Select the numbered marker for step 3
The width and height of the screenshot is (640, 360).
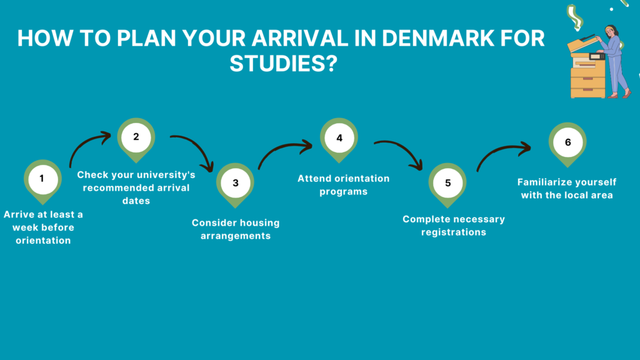tap(235, 184)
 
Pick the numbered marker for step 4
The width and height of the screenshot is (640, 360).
tap(339, 139)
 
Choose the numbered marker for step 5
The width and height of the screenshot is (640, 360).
tap(447, 184)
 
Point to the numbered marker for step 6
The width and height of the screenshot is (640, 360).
tap(567, 144)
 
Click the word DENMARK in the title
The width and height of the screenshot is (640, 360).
tap(438, 38)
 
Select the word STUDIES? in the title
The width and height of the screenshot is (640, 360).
tap(284, 64)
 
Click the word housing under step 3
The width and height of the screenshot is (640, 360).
tap(256, 223)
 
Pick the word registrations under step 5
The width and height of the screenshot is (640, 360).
tap(454, 232)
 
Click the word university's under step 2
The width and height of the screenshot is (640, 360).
tap(166, 175)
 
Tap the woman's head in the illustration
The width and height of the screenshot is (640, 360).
tap(611, 31)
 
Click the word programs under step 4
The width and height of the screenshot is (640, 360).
tap(343, 192)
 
